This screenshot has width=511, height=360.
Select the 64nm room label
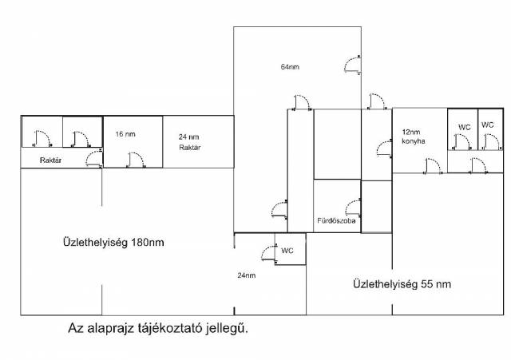tap(289, 66)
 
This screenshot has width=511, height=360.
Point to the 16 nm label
tap(125, 134)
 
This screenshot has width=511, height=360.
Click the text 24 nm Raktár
tap(188, 142)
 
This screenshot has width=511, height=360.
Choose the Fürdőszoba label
tap(335, 219)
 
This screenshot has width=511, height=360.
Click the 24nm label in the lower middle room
tap(246, 275)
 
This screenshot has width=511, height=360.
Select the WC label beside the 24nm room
tap(287, 251)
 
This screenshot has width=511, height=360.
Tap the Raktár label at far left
tap(52, 160)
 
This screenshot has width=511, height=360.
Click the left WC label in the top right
tap(463, 127)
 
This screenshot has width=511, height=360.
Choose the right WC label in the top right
tap(488, 125)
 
